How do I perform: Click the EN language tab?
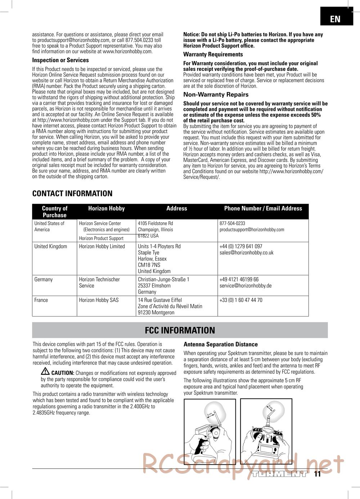coord(335,19)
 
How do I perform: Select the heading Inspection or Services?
coord(60,60)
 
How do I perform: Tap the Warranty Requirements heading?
coord(213,54)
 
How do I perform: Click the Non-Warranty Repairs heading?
coord(216,95)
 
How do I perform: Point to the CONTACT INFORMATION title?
coord(72,194)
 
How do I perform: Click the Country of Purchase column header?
coord(55,212)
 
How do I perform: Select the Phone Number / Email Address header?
coord(263,208)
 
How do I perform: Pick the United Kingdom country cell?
coord(51,246)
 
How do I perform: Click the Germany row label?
coord(44,280)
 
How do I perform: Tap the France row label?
coord(41,300)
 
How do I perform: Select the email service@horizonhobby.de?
coord(246,286)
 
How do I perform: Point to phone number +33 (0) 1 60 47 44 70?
coord(241,300)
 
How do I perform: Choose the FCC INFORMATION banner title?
coord(180,330)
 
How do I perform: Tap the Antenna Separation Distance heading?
coord(221,344)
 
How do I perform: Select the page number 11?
coord(317,474)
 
